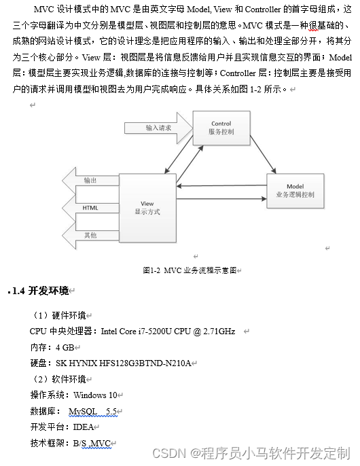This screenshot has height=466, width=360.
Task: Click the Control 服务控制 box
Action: point(221,128)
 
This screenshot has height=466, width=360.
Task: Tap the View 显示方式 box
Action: point(147,207)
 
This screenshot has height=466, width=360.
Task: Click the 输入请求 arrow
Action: point(158,128)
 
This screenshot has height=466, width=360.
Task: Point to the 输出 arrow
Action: point(90,181)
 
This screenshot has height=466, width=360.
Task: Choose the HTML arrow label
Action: point(90,207)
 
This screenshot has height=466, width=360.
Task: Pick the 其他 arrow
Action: point(90,235)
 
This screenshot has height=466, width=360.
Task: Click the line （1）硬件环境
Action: point(59,316)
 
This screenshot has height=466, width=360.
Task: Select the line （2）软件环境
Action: point(59,379)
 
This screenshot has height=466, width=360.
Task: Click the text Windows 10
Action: point(95,395)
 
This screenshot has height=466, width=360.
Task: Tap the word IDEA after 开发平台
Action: point(83,427)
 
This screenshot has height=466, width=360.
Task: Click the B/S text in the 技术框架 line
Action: point(81,444)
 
